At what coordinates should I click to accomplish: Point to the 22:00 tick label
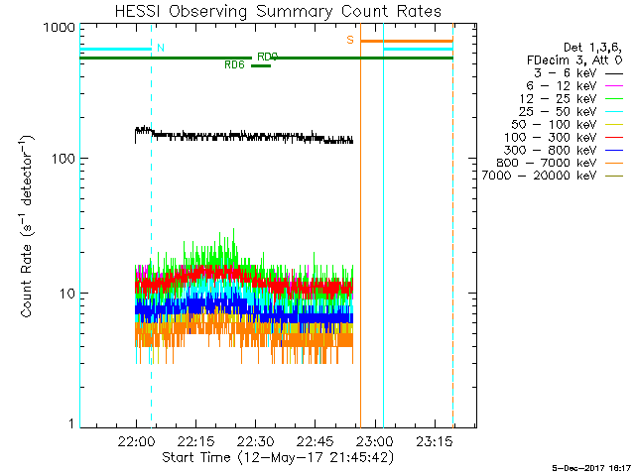(x=137, y=440)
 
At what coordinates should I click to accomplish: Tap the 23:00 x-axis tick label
(x=375, y=440)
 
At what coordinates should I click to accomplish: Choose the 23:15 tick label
(x=435, y=440)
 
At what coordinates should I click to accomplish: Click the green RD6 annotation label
(x=234, y=65)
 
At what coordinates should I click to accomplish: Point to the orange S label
(x=350, y=40)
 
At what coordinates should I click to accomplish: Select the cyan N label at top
(x=161, y=48)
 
